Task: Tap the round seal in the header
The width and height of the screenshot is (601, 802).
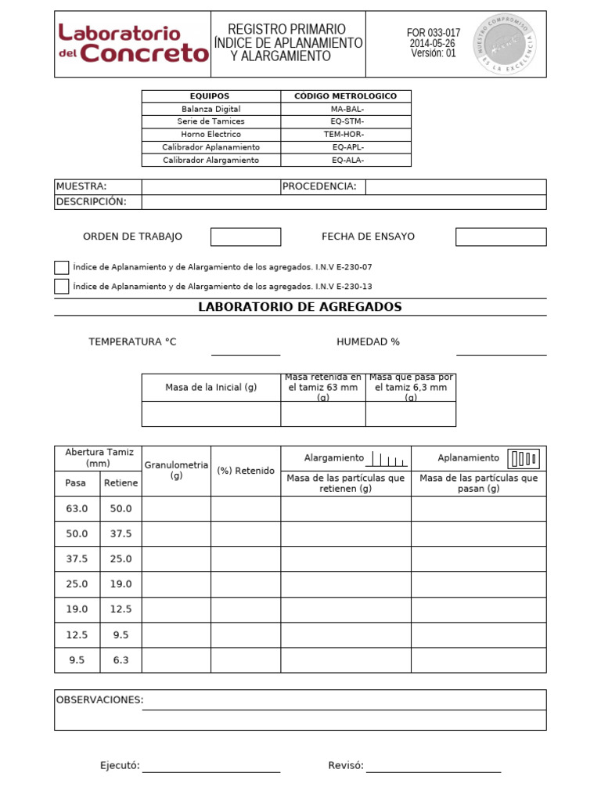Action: (506, 45)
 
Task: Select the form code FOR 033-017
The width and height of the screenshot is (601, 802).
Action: (433, 33)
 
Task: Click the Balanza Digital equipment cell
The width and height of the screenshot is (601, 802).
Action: (211, 109)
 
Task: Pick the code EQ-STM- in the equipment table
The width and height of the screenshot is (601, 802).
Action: (347, 121)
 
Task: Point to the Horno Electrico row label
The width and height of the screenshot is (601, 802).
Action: (211, 134)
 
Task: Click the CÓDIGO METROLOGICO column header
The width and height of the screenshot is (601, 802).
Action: (345, 96)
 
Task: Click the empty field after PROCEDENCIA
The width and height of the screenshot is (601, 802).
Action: (455, 186)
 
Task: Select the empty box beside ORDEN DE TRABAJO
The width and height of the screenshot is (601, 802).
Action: (246, 237)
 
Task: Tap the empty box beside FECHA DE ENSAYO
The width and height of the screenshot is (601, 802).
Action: (501, 237)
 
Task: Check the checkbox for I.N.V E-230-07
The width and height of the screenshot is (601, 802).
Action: (62, 267)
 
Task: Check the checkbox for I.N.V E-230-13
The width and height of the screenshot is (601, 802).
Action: (62, 286)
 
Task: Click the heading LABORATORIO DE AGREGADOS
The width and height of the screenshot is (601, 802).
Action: (300, 307)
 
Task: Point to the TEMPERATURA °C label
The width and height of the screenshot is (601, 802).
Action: (132, 342)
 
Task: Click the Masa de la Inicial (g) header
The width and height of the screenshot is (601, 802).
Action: (211, 388)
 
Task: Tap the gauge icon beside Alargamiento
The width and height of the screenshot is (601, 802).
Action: (387, 459)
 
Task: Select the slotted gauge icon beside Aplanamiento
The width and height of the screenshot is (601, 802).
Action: (524, 458)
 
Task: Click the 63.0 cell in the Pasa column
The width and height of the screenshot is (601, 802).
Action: (77, 508)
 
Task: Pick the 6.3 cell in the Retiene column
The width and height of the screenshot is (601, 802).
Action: (121, 660)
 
